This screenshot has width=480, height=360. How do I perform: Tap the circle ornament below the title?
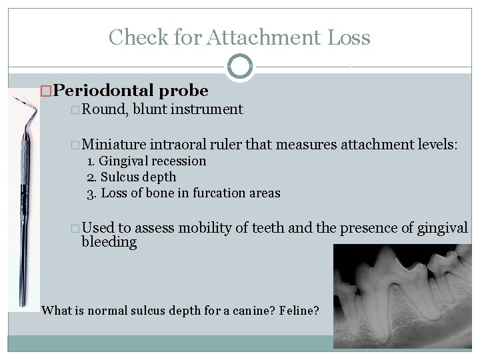[x=240, y=67]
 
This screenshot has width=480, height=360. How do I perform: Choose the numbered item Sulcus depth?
[x=138, y=177]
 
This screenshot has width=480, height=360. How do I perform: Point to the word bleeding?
[x=109, y=242]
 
